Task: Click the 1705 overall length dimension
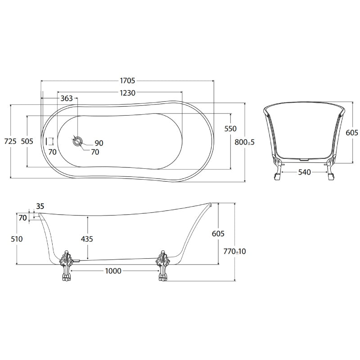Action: [x=127, y=81]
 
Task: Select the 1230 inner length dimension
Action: [x=127, y=93]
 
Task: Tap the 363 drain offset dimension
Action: [x=67, y=98]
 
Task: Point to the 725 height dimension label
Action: [x=10, y=141]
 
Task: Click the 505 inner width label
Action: [x=27, y=141]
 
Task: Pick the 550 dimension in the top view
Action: [x=230, y=129]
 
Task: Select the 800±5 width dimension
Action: [x=244, y=142]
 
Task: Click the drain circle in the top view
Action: [x=77, y=141]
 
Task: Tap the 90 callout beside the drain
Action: [x=99, y=143]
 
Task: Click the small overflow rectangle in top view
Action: [x=50, y=141]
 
